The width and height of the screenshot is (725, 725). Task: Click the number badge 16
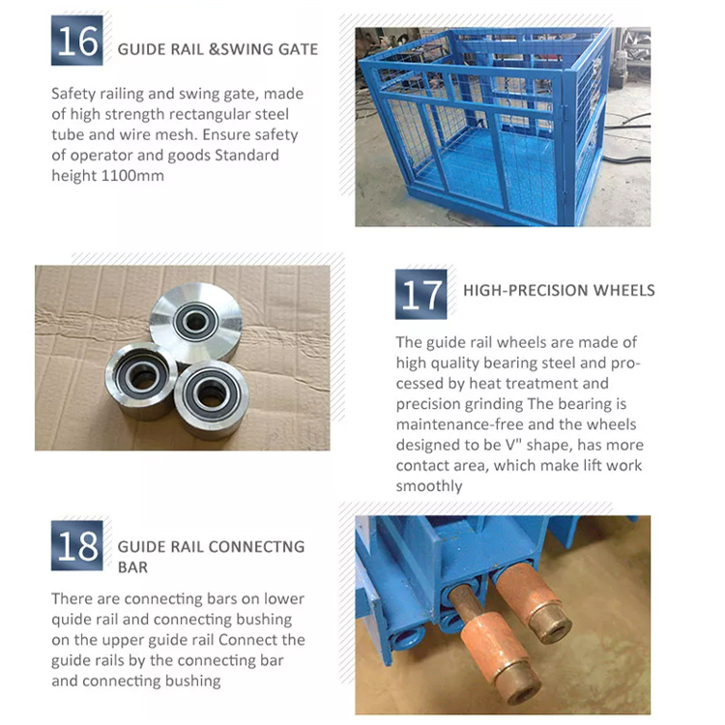pos(76,41)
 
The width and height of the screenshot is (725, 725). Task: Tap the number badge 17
pos(421,294)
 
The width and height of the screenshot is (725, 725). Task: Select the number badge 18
pos(76,545)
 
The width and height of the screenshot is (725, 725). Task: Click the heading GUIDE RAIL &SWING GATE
pos(217,48)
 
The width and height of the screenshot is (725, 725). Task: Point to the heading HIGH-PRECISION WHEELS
pos(559,290)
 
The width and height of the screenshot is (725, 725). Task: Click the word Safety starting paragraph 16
pos(75,95)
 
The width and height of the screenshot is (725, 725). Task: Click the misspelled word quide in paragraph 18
pos(72,620)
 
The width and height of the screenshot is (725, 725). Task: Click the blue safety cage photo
pos(488,126)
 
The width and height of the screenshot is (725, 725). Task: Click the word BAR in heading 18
pos(132,567)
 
